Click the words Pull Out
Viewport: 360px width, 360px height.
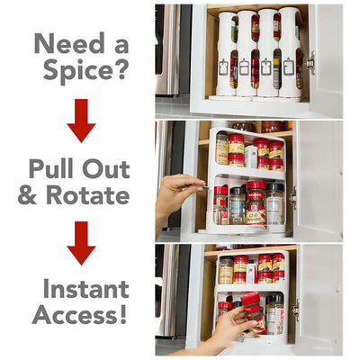tap(79, 167)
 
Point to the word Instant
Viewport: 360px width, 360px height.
tap(81, 290)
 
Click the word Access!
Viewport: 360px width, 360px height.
tap(80, 315)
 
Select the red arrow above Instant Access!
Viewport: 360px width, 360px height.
tap(81, 243)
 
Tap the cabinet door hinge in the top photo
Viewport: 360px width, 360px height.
tap(310, 61)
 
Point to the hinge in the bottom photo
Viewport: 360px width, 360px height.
tap(294, 309)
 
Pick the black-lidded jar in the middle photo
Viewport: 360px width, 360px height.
tap(274, 202)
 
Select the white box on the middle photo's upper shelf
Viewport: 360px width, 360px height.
tap(251, 156)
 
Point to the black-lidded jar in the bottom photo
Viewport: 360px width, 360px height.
tap(274, 310)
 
